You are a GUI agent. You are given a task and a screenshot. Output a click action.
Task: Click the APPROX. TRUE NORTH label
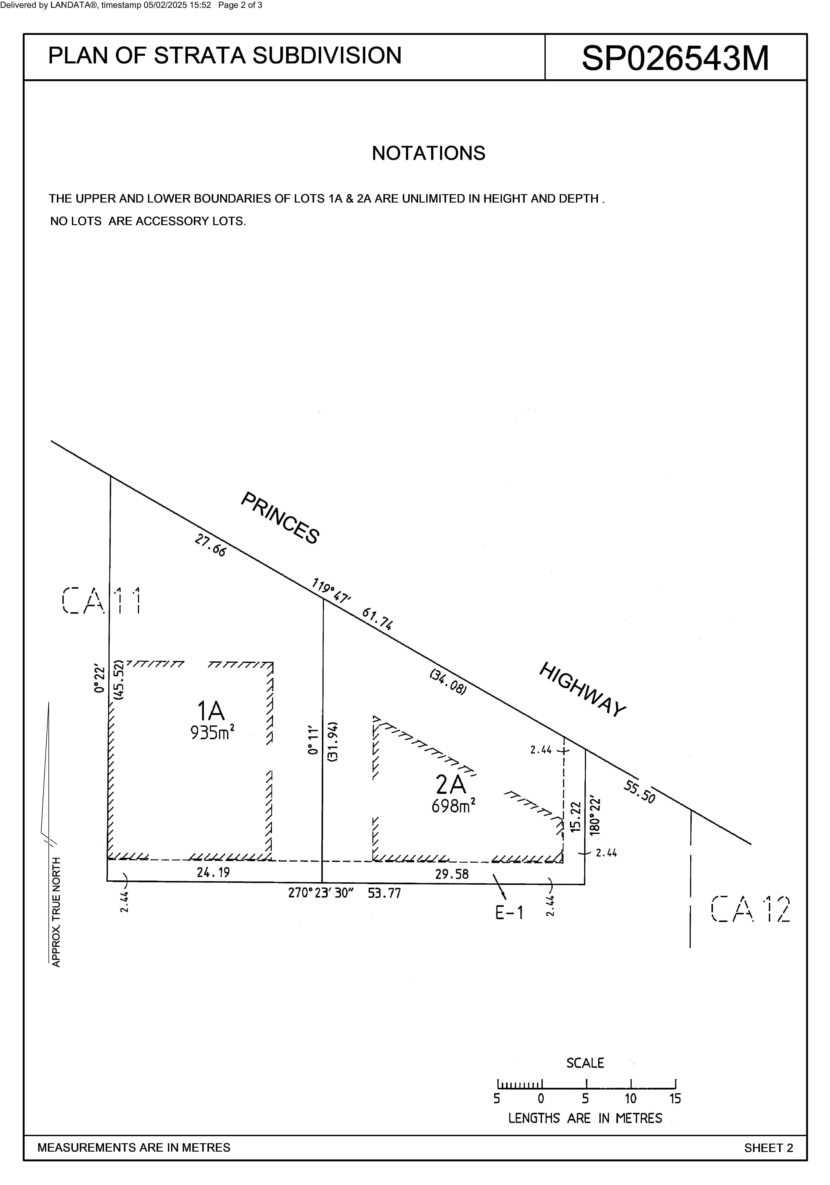[x=56, y=912]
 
